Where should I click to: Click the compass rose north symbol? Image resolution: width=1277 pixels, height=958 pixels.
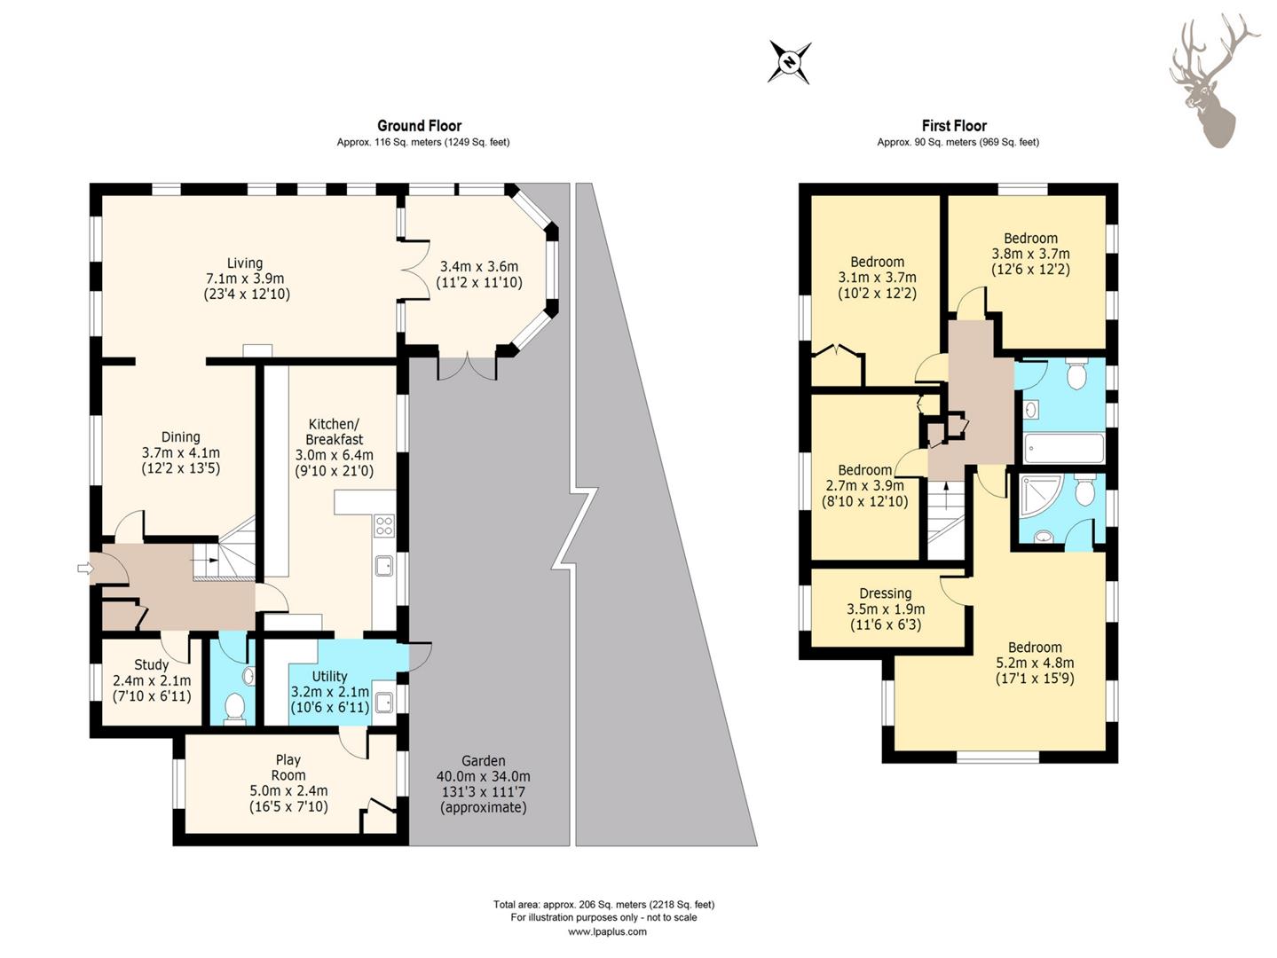click(789, 62)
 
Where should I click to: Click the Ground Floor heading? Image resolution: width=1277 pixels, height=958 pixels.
click(419, 126)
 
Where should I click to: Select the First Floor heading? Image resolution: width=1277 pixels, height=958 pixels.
click(954, 126)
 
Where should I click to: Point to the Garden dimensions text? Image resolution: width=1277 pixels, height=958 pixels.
click(485, 784)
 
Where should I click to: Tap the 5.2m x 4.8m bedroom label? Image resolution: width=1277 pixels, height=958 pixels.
click(1035, 663)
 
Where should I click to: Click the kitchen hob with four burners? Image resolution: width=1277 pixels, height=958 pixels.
click(384, 525)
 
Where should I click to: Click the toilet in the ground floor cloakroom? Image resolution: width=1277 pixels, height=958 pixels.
click(235, 708)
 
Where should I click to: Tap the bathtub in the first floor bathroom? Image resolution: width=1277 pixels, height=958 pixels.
click(1064, 448)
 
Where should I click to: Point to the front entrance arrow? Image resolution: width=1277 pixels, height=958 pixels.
click(84, 569)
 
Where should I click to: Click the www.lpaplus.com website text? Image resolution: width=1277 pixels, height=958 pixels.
click(607, 931)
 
